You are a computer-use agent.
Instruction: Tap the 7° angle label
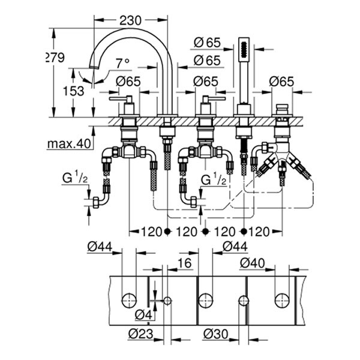pyautogui.click(x=122, y=62)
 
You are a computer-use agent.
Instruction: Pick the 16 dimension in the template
pyautogui.click(x=185, y=263)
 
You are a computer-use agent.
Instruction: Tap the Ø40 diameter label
pyautogui.click(x=254, y=263)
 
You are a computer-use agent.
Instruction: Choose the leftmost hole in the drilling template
pyautogui.click(x=129, y=300)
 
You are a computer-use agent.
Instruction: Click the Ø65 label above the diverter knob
pyautogui.click(x=281, y=81)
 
